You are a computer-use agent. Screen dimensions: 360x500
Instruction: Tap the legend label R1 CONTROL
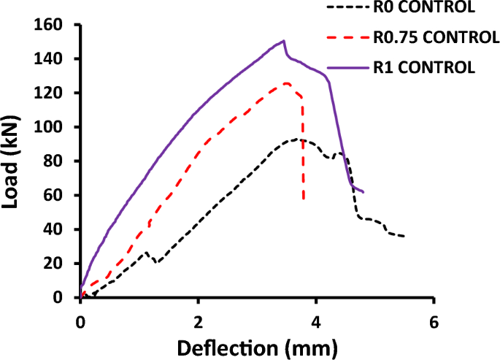coord(423,67)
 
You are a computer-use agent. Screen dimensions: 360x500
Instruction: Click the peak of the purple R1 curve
coord(283,41)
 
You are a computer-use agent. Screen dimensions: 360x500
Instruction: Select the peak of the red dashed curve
coord(287,83)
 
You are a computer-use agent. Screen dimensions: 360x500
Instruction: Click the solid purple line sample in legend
coord(347,67)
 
